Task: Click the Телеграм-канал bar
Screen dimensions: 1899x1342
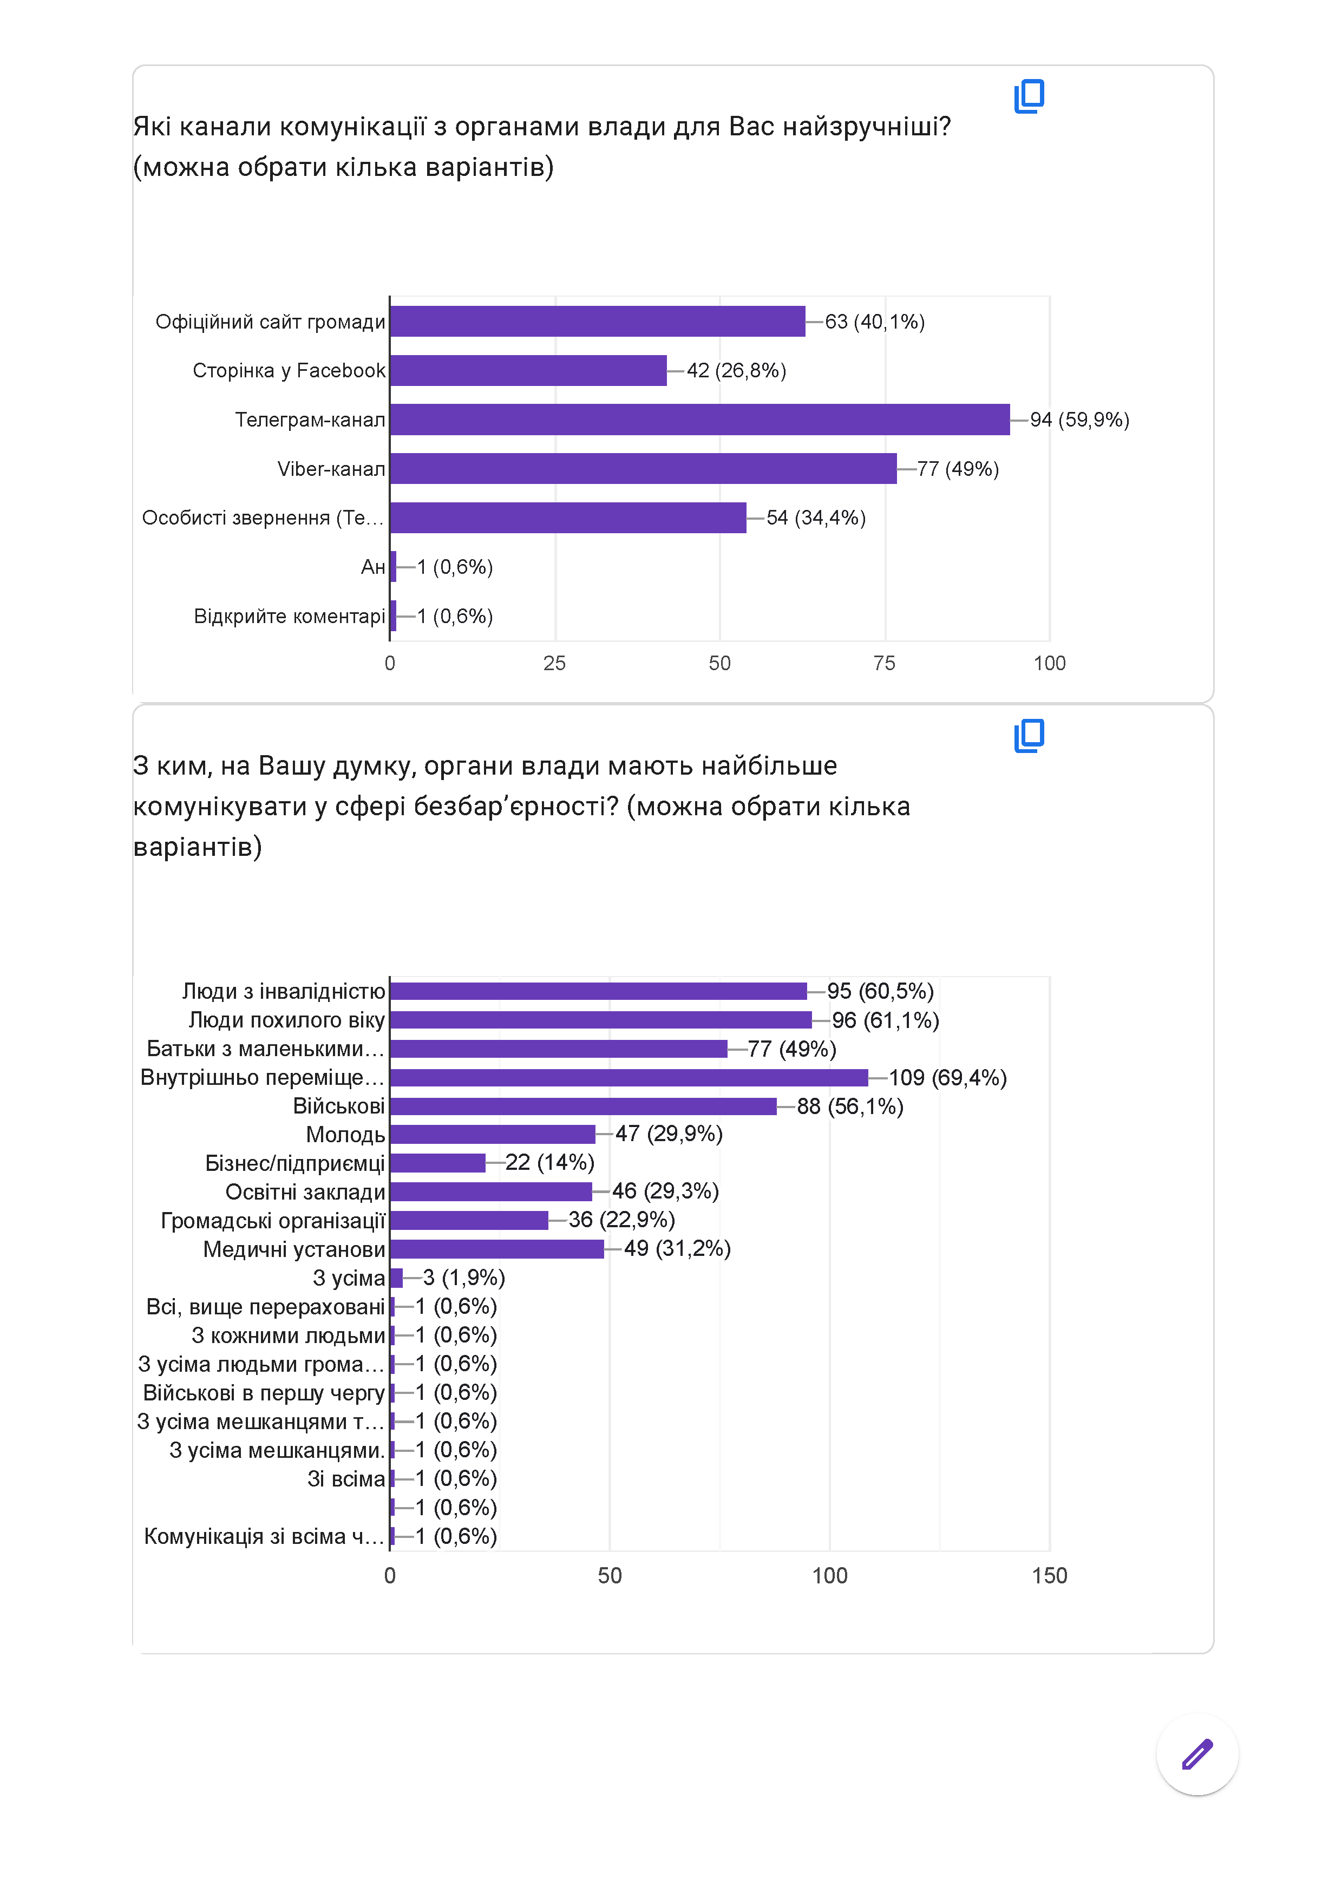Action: click(x=699, y=420)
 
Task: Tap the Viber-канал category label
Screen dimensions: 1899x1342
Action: click(x=331, y=469)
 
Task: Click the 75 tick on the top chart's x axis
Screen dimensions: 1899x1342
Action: click(x=884, y=663)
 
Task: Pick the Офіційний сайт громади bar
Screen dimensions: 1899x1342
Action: click(x=597, y=322)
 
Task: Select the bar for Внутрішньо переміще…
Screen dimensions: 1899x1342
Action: click(x=629, y=1078)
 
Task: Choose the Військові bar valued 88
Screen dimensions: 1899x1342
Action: click(x=583, y=1106)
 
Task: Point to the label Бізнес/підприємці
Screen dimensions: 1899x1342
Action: click(x=294, y=1164)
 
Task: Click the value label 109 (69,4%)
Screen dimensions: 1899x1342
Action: click(x=947, y=1078)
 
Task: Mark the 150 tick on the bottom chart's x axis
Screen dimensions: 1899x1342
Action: click(x=1049, y=1576)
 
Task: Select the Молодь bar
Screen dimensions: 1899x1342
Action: click(x=492, y=1134)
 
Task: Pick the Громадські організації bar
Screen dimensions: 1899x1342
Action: click(x=469, y=1221)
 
